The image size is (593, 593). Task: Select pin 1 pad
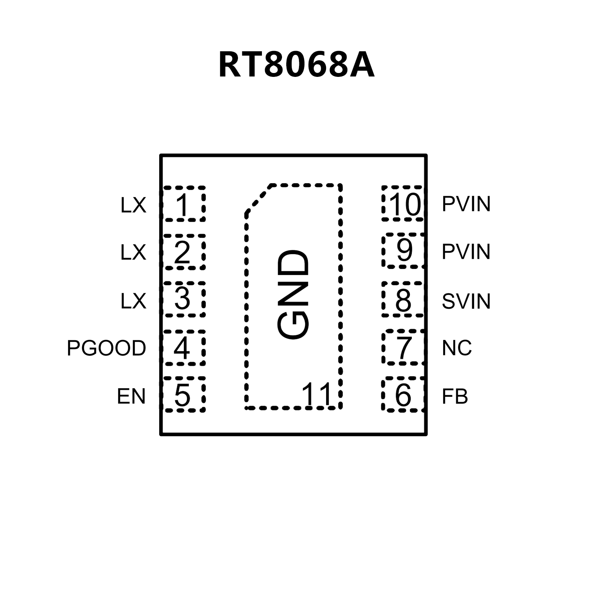pyautogui.click(x=184, y=204)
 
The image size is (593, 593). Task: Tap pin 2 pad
pyautogui.click(x=184, y=252)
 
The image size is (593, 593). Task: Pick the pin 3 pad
pyautogui.click(x=184, y=299)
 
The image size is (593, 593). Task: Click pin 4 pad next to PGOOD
pyautogui.click(x=184, y=347)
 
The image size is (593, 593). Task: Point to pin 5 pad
pyautogui.click(x=184, y=395)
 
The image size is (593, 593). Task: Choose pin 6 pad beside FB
pyautogui.click(x=403, y=395)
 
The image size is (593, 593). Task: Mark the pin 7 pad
pyautogui.click(x=403, y=347)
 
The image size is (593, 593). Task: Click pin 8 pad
pyautogui.click(x=403, y=299)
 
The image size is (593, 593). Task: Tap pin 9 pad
pyautogui.click(x=403, y=251)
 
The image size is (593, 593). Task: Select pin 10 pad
pyautogui.click(x=403, y=204)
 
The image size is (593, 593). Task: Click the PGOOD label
pyautogui.click(x=106, y=348)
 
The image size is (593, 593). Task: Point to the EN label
pyautogui.click(x=131, y=396)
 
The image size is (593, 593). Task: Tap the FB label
pyautogui.click(x=455, y=396)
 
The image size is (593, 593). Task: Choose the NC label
pyautogui.click(x=457, y=348)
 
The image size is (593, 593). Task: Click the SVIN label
pyautogui.click(x=466, y=301)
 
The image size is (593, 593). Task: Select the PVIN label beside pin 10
pyautogui.click(x=466, y=204)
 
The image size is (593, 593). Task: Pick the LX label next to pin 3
pyautogui.click(x=133, y=301)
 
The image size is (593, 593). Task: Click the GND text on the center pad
pyautogui.click(x=294, y=295)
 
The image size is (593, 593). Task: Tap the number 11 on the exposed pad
pyautogui.click(x=317, y=395)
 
